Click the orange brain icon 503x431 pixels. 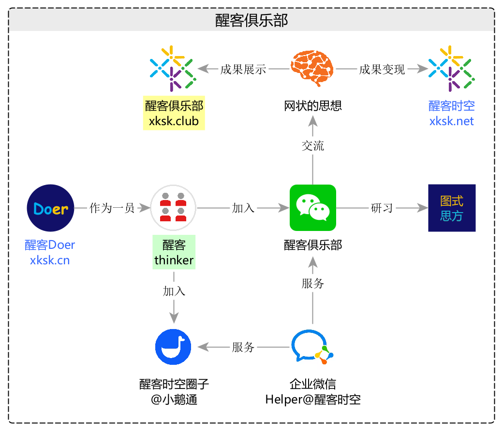pyautogui.click(x=312, y=69)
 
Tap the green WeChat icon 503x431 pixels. pyautogui.click(x=312, y=208)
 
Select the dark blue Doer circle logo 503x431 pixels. pyautogui.click(x=50, y=208)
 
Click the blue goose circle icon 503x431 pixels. pyautogui.click(x=173, y=347)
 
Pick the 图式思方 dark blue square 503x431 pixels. pyautogui.click(x=452, y=208)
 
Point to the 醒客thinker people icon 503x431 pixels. pyautogui.click(x=173, y=208)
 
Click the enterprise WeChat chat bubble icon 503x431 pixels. pyautogui.click(x=312, y=347)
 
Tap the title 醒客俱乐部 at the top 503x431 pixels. pyautogui.click(x=251, y=20)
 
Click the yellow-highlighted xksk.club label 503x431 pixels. pyautogui.click(x=174, y=121)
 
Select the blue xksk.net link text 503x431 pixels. pyautogui.click(x=452, y=121)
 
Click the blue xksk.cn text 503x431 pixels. pyautogui.click(x=50, y=260)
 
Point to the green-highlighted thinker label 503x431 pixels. pyautogui.click(x=174, y=260)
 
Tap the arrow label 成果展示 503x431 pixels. pyautogui.click(x=243, y=70)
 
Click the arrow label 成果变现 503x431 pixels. pyautogui.click(x=382, y=70)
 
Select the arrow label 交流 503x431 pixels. pyautogui.click(x=313, y=146)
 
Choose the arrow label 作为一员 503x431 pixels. pyautogui.click(x=112, y=208)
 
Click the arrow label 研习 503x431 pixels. pyautogui.click(x=382, y=208)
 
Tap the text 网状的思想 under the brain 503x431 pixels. pyautogui.click(x=313, y=105)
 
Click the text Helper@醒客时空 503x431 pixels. pyautogui.click(x=313, y=400)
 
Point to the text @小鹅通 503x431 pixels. pyautogui.click(x=174, y=400)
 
